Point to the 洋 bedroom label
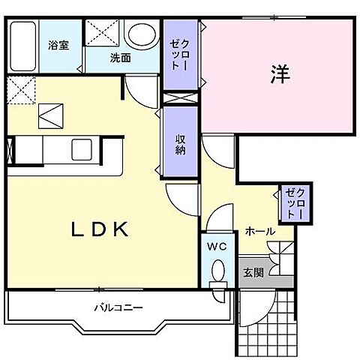pos(279,74)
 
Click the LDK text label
pos(102,229)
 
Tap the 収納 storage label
pos(181,143)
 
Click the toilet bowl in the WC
pos(218,271)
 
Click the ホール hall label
pos(259,232)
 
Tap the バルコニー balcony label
pos(118,307)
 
